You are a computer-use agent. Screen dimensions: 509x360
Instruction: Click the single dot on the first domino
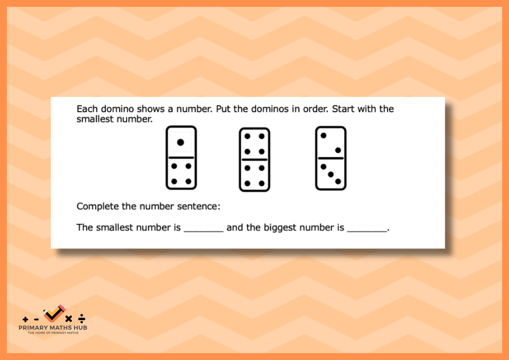[181, 142]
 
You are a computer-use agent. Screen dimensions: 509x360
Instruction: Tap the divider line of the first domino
[181, 158]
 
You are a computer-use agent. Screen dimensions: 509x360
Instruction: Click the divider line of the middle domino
[255, 160]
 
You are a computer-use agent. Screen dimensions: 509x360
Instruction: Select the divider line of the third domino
[330, 158]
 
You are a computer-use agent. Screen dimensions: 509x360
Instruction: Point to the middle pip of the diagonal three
[331, 175]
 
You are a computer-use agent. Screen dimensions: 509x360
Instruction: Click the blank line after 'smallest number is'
[204, 231]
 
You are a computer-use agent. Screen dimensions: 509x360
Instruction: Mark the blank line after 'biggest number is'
[367, 231]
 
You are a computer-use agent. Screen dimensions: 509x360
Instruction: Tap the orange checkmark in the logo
[54, 313]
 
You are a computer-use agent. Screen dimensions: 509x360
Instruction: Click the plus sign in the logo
[25, 319]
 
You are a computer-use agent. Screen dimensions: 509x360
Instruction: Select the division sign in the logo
[81, 318]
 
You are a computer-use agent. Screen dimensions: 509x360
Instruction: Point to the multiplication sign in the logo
[69, 319]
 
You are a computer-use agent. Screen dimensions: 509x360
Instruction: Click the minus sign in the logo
[36, 320]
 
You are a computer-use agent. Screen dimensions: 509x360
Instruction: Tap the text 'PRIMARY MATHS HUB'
[53, 328]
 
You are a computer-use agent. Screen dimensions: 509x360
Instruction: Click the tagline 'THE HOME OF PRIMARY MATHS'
[53, 333]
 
